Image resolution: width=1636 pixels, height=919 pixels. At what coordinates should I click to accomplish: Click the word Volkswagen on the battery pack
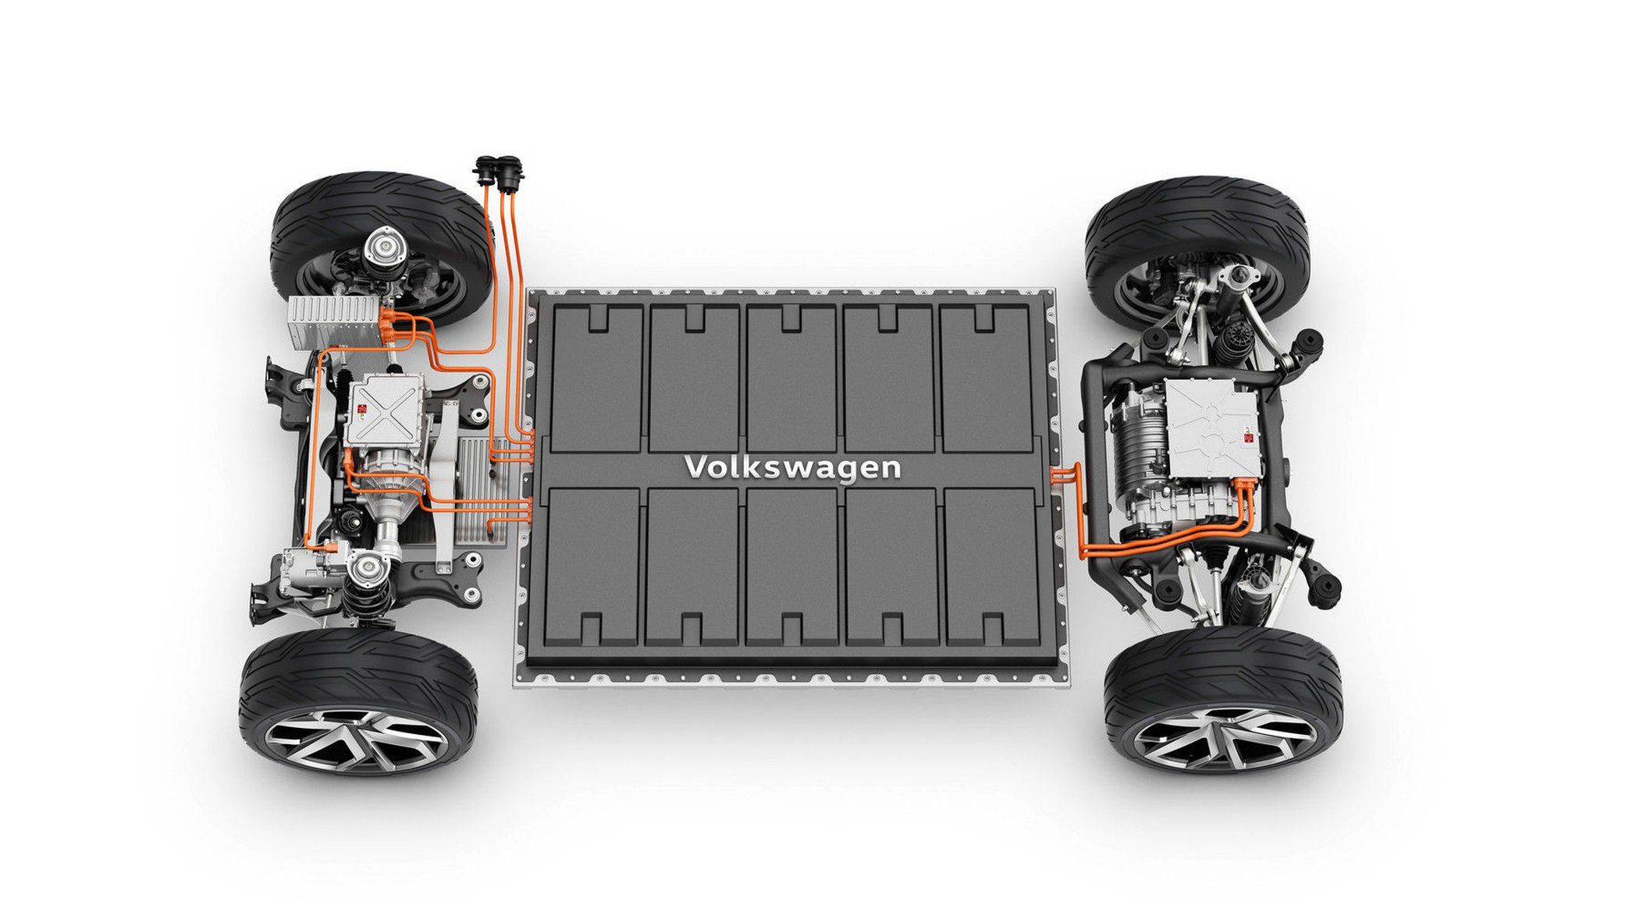tap(792, 467)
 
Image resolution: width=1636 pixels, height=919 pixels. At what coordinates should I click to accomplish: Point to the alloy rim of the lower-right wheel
tap(1224, 736)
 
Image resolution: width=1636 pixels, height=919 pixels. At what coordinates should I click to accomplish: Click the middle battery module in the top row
tap(791, 378)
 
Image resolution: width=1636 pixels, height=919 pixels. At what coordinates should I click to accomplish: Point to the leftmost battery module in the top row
tap(598, 378)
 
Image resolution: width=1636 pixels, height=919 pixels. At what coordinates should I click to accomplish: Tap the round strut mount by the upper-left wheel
tap(386, 248)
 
